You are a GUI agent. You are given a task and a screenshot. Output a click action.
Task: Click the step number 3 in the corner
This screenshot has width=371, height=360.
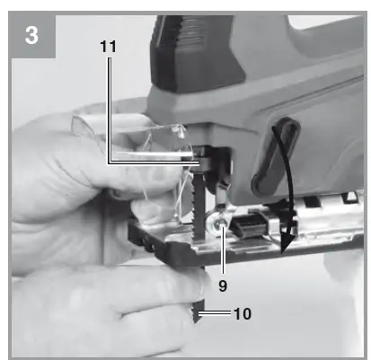coord(31,35)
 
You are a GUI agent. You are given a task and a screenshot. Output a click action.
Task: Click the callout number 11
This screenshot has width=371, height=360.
coord(108,47)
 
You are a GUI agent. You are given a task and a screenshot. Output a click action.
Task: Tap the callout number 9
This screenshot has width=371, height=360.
coord(223,285)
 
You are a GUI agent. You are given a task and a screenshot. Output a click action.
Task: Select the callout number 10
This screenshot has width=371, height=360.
coord(242,314)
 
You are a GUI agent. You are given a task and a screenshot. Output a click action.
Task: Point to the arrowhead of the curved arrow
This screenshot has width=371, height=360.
coord(287,243)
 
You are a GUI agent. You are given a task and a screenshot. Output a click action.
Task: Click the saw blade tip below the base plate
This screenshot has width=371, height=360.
coord(198,312)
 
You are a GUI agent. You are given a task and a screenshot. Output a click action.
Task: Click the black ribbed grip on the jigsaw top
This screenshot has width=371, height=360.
coord(196,52)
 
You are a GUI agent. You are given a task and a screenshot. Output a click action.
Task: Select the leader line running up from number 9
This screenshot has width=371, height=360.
coord(223,250)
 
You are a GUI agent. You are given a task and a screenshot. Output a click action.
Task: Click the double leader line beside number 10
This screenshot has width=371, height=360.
coord(215,313)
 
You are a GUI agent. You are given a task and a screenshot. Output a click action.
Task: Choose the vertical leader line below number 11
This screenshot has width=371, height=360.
coord(110,110)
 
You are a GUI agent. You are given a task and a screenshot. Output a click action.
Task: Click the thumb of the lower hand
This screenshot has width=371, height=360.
coord(168,278)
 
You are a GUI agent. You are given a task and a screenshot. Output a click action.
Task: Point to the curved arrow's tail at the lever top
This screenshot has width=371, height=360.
coord(273,128)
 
